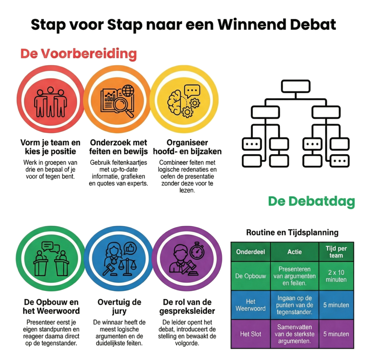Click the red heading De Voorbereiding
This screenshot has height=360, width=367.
point(78,54)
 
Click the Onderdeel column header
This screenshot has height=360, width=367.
point(251,252)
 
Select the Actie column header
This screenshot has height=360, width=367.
point(295,252)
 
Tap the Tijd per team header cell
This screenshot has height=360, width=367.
point(336,252)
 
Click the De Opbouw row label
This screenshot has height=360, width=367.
point(251,276)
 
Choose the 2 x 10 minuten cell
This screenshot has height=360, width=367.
point(336,276)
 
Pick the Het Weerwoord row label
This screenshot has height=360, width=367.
point(251,305)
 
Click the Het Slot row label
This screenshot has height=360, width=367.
point(251,334)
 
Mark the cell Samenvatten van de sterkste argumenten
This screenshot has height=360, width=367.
point(295,334)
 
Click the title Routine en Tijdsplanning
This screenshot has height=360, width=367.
point(292,232)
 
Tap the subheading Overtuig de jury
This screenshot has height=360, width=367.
point(120,306)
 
